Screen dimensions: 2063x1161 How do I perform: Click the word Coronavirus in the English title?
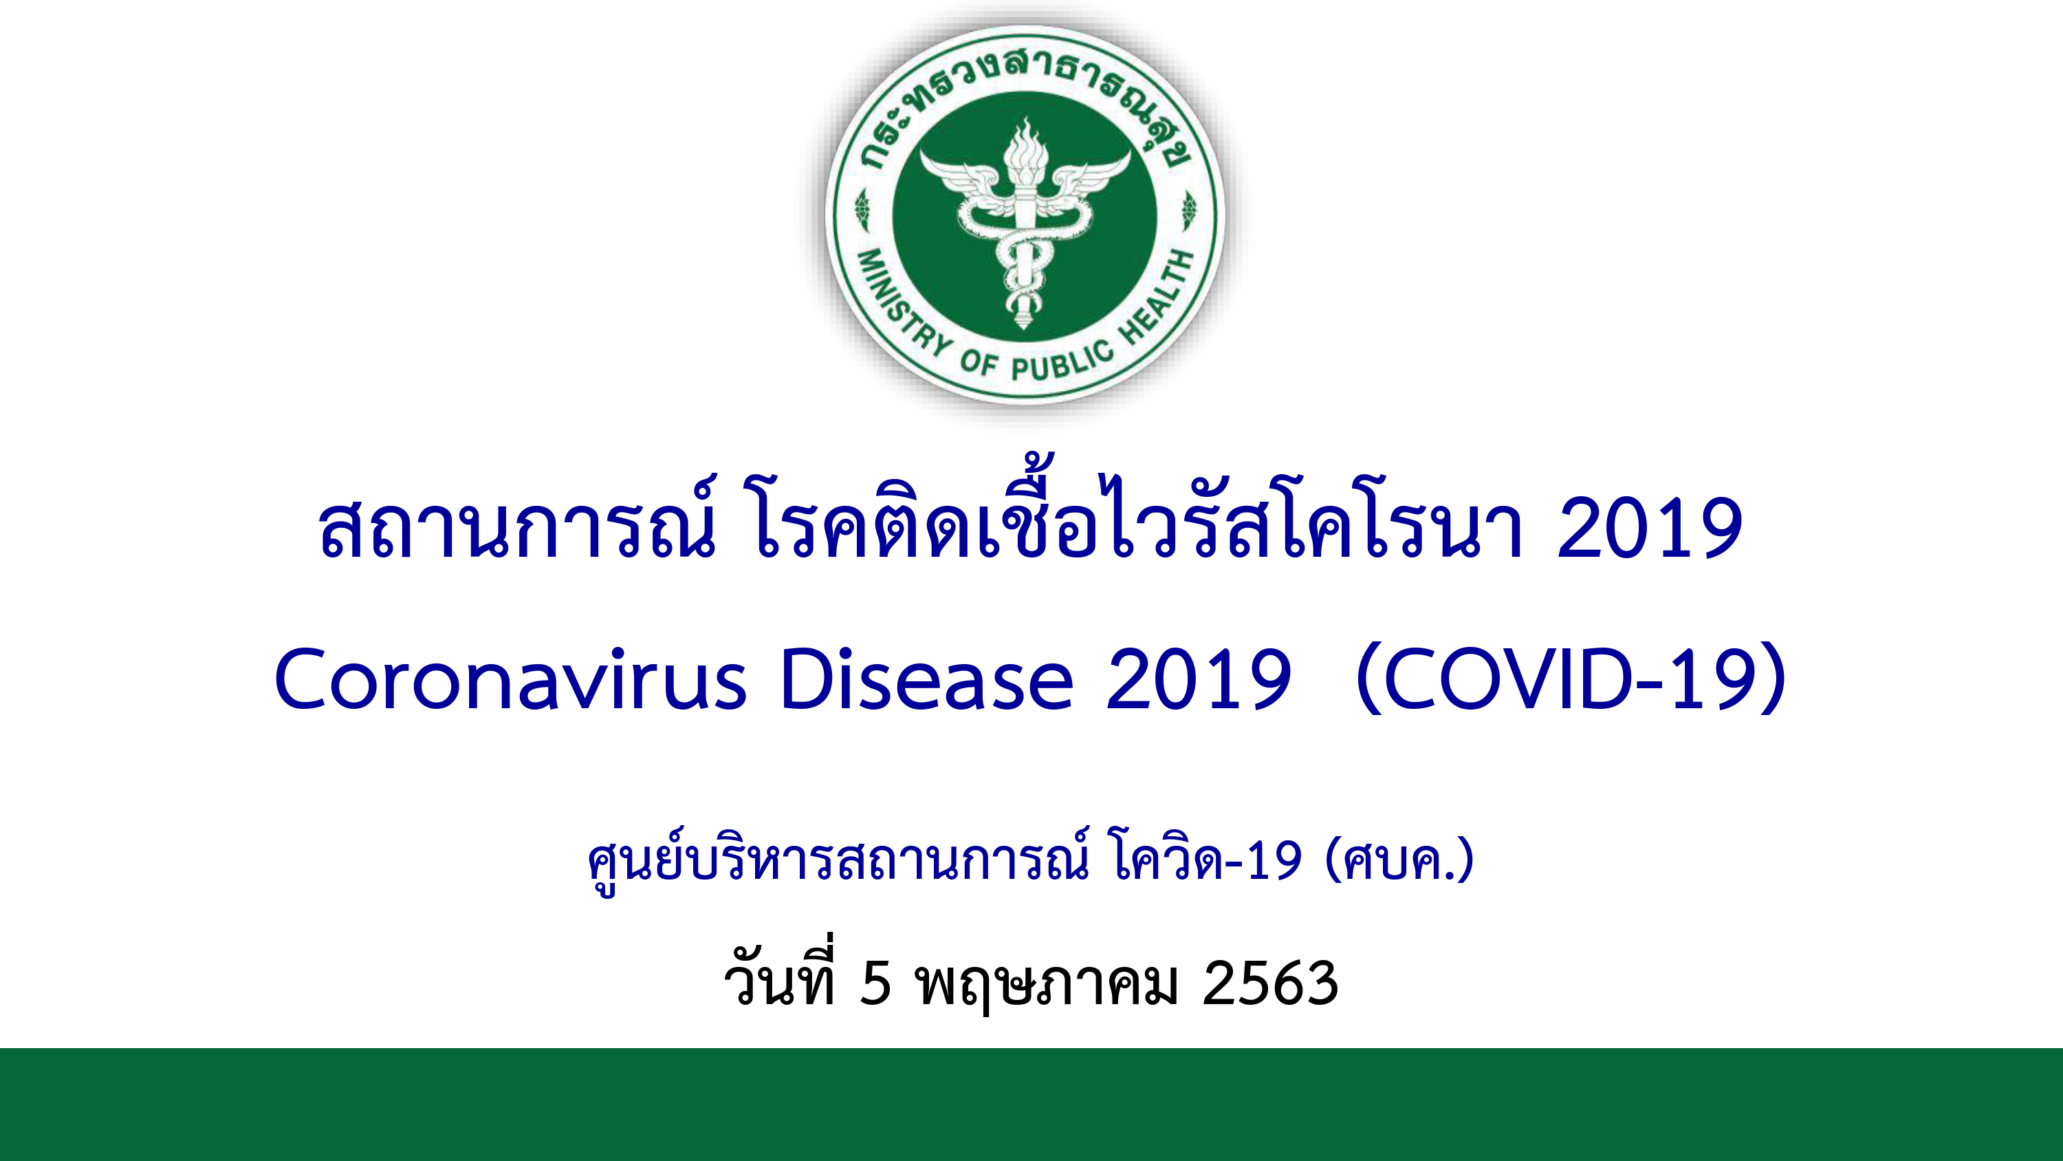coord(510,679)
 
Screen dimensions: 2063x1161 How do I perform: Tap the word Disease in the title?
coord(926,679)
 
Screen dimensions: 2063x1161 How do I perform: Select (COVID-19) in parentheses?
coord(1571,679)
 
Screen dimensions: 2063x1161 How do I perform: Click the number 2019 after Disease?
coord(1198,679)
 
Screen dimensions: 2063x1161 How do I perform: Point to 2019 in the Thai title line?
coord(1650,527)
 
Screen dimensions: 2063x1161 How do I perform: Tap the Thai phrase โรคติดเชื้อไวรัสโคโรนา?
coord(1138,513)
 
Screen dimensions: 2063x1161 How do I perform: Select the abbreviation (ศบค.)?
coord(1399,859)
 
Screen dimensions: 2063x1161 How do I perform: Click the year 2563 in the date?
coord(1270,983)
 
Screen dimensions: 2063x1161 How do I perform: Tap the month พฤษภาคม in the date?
coord(1047,986)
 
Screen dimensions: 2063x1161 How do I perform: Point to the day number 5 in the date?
coord(875,983)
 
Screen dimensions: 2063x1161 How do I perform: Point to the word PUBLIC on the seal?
coord(1062,361)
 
